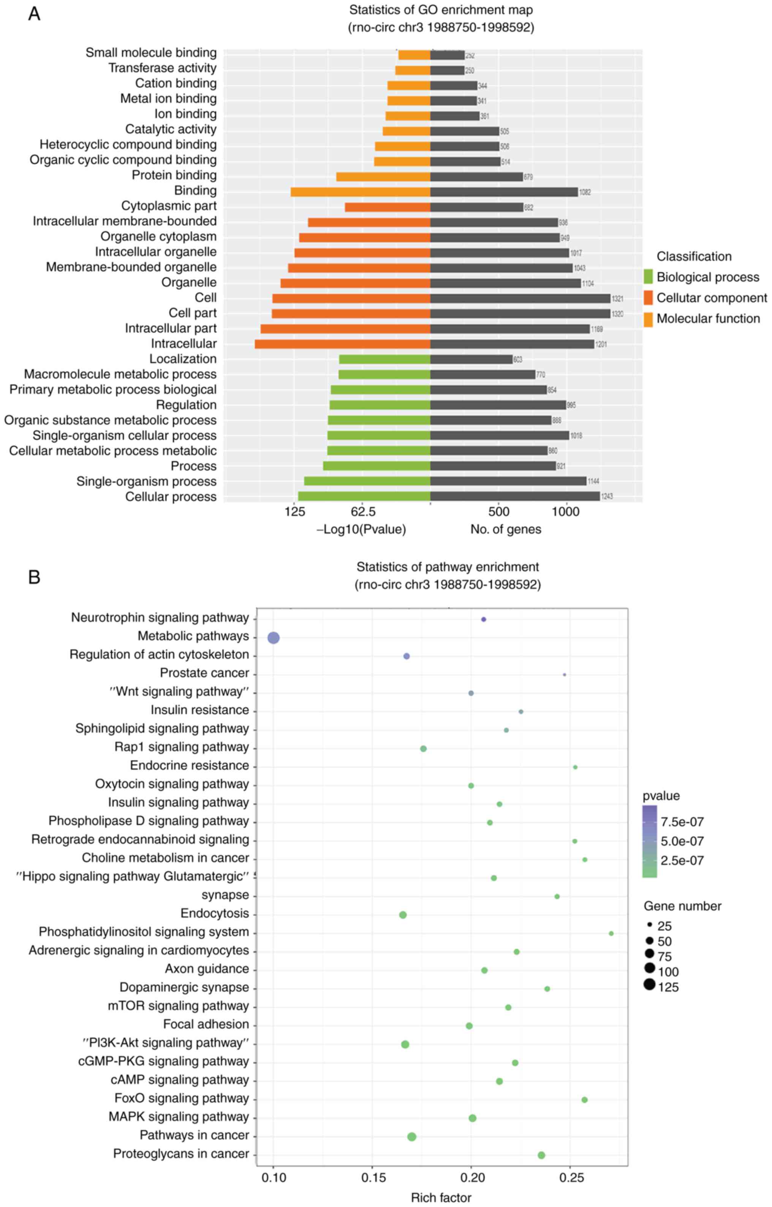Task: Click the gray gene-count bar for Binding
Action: click(x=503, y=192)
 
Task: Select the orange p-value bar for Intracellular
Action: click(x=342, y=344)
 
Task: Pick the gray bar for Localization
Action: click(x=471, y=359)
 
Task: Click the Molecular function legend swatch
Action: click(x=648, y=320)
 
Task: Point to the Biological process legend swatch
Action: click(x=648, y=277)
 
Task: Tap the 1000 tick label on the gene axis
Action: click(x=565, y=512)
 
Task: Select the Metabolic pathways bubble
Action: click(x=273, y=638)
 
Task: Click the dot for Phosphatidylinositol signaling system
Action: click(x=611, y=933)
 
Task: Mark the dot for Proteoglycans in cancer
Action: click(x=541, y=1155)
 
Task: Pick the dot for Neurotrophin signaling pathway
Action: click(x=484, y=619)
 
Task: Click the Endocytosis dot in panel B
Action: click(x=403, y=915)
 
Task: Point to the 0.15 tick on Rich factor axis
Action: click(x=372, y=1177)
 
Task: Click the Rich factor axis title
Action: click(x=441, y=1197)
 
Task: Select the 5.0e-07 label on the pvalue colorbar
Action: click(x=682, y=841)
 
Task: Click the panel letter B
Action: click(x=34, y=577)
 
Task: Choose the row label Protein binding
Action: click(x=174, y=175)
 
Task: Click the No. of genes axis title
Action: click(x=505, y=529)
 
